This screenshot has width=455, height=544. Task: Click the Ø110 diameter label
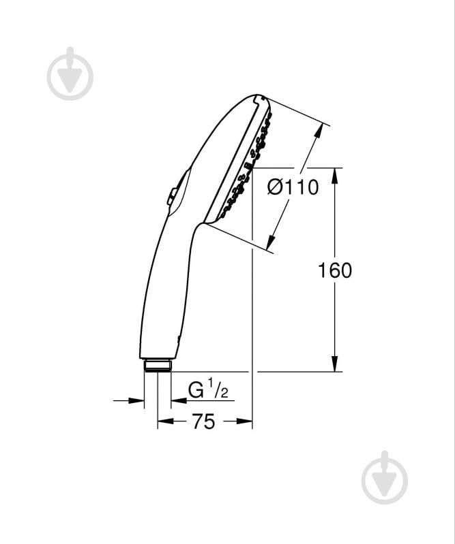(x=293, y=187)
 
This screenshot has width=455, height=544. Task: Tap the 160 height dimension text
(x=335, y=270)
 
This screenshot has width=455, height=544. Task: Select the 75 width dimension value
(x=204, y=421)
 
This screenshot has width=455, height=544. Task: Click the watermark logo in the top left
(x=70, y=74)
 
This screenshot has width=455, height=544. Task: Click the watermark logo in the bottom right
(x=385, y=477)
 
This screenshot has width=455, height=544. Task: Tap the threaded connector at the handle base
(x=158, y=366)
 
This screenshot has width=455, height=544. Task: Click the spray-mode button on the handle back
(x=172, y=196)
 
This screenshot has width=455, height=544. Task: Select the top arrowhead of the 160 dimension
(x=334, y=176)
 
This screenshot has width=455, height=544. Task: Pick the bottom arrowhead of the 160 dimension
(x=334, y=364)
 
